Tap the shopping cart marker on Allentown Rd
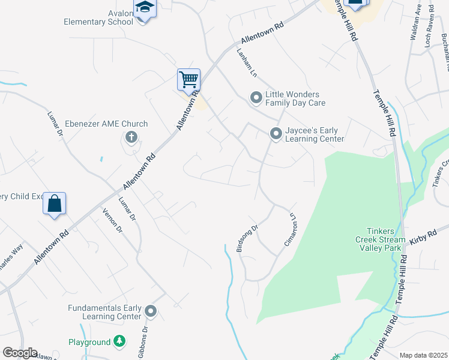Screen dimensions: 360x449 (188, 80)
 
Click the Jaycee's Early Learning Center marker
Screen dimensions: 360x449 (276, 134)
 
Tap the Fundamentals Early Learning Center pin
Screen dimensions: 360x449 (151, 311)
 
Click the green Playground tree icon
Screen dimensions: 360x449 (119, 342)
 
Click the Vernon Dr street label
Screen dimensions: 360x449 (112, 220)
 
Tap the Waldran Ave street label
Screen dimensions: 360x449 (415, 22)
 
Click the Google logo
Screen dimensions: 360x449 (20, 353)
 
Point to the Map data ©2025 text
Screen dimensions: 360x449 (423, 355)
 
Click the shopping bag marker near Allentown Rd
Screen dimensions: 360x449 (54, 203)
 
